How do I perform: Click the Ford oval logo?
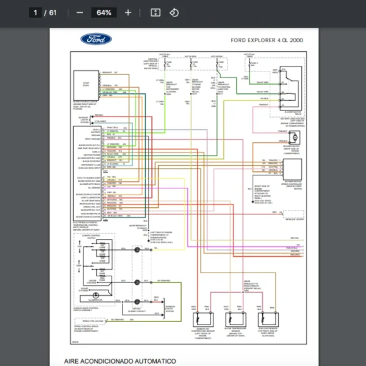click(x=96, y=40)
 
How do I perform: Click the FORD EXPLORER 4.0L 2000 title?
click(x=267, y=40)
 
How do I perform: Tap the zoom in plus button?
click(x=127, y=12)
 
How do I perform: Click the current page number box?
click(x=36, y=12)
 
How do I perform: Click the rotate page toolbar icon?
click(x=174, y=12)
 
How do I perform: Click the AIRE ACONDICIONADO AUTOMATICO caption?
click(x=120, y=361)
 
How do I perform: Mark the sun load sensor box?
click(x=266, y=319)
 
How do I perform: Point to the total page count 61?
click(x=53, y=12)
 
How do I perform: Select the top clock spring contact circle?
click(x=137, y=250)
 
